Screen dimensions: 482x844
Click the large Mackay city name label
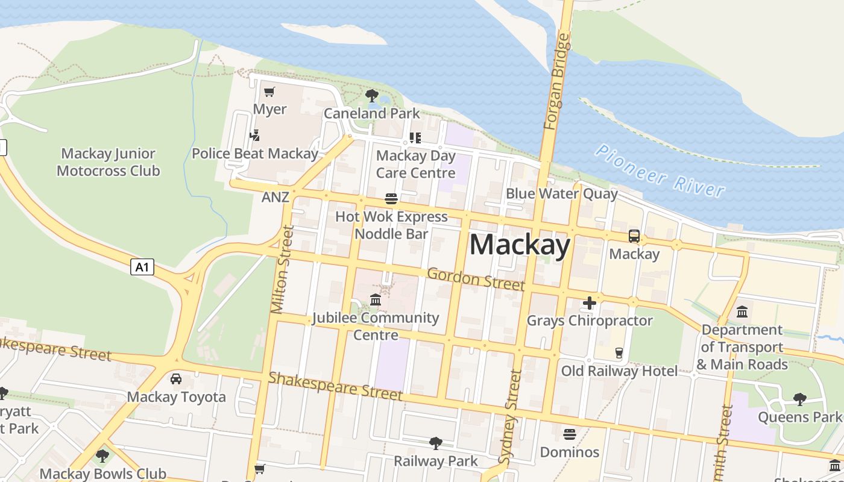(x=520, y=245)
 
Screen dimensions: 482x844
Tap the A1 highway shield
(x=142, y=267)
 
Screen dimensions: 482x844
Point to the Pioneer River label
(x=660, y=171)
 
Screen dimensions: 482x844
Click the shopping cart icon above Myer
(x=269, y=92)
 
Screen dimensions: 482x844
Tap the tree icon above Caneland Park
(x=372, y=95)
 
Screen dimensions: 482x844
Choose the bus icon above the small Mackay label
(x=634, y=236)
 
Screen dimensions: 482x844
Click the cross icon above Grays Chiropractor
(x=590, y=303)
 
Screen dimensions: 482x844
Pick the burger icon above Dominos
(x=570, y=434)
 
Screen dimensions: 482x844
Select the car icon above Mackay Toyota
(x=176, y=379)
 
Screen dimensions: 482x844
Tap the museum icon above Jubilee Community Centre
(x=376, y=299)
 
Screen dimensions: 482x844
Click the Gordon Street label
(x=476, y=279)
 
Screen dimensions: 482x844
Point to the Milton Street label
(x=282, y=269)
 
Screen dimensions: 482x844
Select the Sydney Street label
(x=511, y=417)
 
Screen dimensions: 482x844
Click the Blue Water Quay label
(x=561, y=193)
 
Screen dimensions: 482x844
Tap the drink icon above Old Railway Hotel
(x=619, y=353)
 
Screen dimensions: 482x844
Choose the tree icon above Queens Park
(x=799, y=399)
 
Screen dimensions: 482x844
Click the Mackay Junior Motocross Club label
(x=109, y=162)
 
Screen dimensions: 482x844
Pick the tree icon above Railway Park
(x=435, y=443)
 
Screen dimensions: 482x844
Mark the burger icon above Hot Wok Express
(x=391, y=199)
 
